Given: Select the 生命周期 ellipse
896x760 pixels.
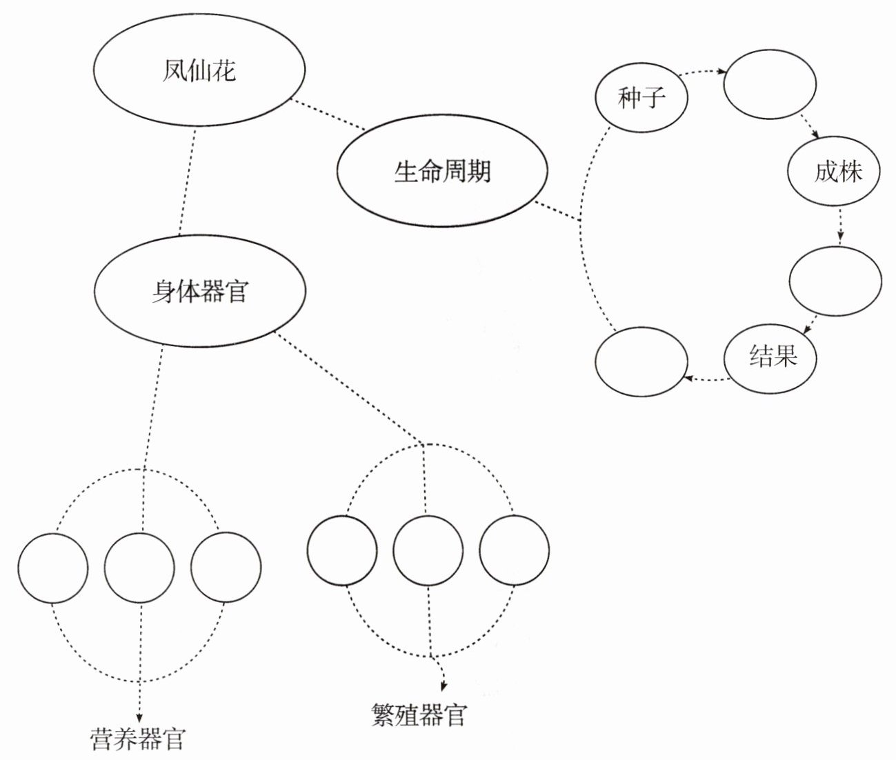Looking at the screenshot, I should click(442, 170).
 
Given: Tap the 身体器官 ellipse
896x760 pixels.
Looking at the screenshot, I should click(199, 291).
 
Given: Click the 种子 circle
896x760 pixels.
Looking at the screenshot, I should click(641, 97).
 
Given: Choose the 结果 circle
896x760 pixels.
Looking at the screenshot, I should click(770, 357).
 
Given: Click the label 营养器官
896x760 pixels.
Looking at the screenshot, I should click(138, 739).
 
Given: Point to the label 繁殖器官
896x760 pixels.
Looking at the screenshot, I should click(419, 715).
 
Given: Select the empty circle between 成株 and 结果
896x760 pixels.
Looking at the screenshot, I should click(835, 281).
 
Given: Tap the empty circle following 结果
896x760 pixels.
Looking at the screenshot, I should click(641, 361).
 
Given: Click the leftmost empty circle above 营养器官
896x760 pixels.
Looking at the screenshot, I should click(53, 568).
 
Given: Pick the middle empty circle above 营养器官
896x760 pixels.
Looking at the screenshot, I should click(140, 568).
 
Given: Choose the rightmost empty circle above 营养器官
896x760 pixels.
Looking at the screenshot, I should click(226, 568).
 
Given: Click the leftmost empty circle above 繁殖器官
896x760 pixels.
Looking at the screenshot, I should click(342, 550).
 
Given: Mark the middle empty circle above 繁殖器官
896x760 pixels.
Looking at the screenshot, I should click(428, 550).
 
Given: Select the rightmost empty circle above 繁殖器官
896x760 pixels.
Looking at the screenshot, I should click(515, 550).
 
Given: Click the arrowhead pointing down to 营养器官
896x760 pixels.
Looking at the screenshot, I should click(139, 717).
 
